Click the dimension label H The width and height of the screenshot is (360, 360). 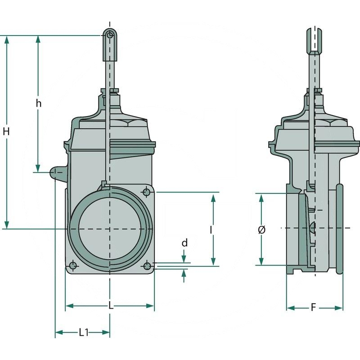pyautogui.click(x=6, y=131)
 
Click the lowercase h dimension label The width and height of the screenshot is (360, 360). pyautogui.click(x=39, y=103)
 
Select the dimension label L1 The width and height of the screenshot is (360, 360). pyautogui.click(x=84, y=333)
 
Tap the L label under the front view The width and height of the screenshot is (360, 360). pyautogui.click(x=111, y=306)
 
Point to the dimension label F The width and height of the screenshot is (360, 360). pyautogui.click(x=314, y=308)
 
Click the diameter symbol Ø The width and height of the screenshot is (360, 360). pyautogui.click(x=262, y=229)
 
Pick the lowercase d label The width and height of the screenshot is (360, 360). pyautogui.click(x=184, y=243)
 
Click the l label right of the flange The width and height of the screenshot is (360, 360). pyautogui.click(x=211, y=229)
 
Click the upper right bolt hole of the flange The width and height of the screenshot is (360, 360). pyautogui.click(x=146, y=193)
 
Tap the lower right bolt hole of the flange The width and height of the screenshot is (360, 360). pyautogui.click(x=147, y=266)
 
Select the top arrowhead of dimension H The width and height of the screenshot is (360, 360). pyautogui.click(x=6, y=39)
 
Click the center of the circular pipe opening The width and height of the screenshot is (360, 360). pyautogui.click(x=110, y=229)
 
